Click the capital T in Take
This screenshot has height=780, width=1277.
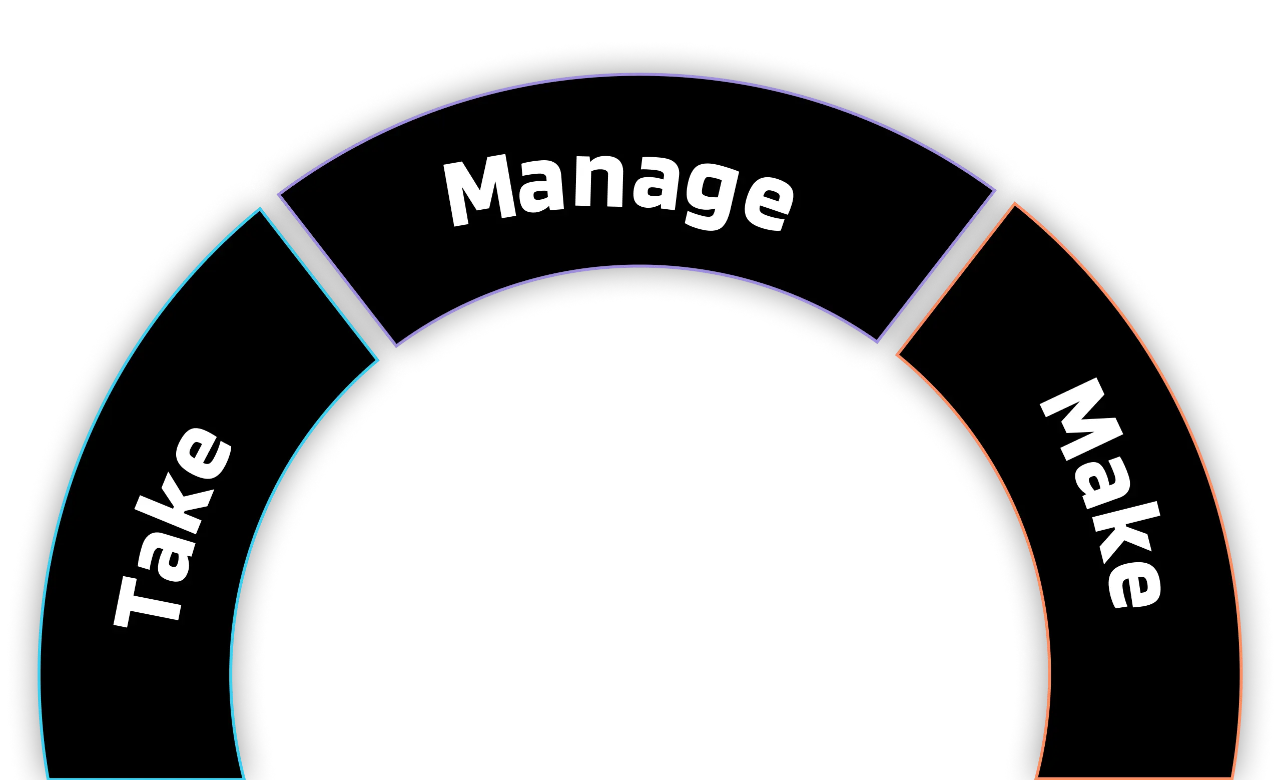(148, 596)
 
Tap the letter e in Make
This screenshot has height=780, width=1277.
(1132, 583)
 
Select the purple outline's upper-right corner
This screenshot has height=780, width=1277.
(996, 191)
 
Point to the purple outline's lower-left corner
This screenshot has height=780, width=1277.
(396, 346)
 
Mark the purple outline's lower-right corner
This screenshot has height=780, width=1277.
(877, 342)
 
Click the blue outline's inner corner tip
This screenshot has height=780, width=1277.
(378, 359)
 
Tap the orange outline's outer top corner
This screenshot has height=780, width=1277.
(1014, 204)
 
